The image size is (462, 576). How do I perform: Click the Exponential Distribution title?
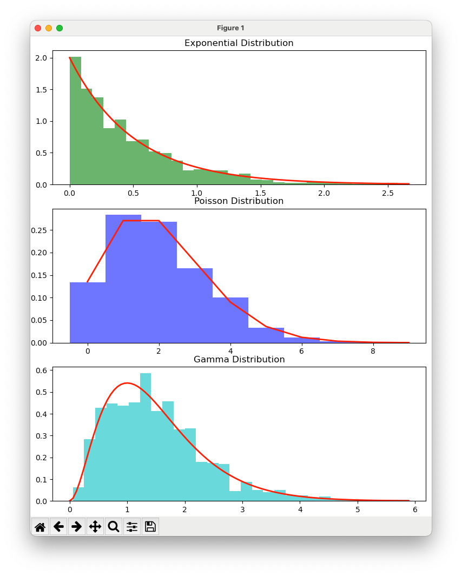pos(239,43)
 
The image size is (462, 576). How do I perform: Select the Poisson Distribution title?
pos(239,201)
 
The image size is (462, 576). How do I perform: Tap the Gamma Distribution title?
pos(239,360)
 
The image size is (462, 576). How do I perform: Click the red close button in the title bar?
pos(38,28)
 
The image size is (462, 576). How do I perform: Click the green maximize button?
pos(60,28)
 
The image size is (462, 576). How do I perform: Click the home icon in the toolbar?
pos(40,526)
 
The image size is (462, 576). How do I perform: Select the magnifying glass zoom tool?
pos(113,526)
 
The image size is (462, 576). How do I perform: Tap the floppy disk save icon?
pos(150,526)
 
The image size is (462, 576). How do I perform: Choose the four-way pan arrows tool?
pos(95,526)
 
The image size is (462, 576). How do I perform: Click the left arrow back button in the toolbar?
pos(58,526)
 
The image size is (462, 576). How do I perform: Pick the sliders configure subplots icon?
pos(131,526)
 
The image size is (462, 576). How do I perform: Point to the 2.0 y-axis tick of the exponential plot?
pos(41,58)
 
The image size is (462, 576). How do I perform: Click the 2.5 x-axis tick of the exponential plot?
pos(388,193)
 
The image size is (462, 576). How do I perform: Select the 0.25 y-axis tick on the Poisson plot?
pos(39,230)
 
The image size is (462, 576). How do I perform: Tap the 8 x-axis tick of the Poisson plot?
pos(373,351)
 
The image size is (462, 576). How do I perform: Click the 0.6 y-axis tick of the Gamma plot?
pos(41,370)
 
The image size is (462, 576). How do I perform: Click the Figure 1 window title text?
pos(230,28)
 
